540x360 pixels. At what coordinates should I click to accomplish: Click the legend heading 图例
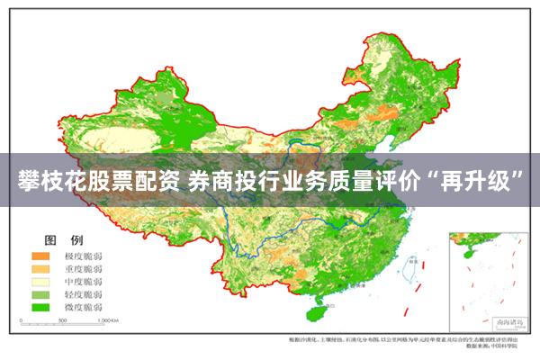coord(64,240)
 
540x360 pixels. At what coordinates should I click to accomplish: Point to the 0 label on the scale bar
coord(20,320)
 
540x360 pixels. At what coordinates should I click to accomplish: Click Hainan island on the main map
coord(316,312)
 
